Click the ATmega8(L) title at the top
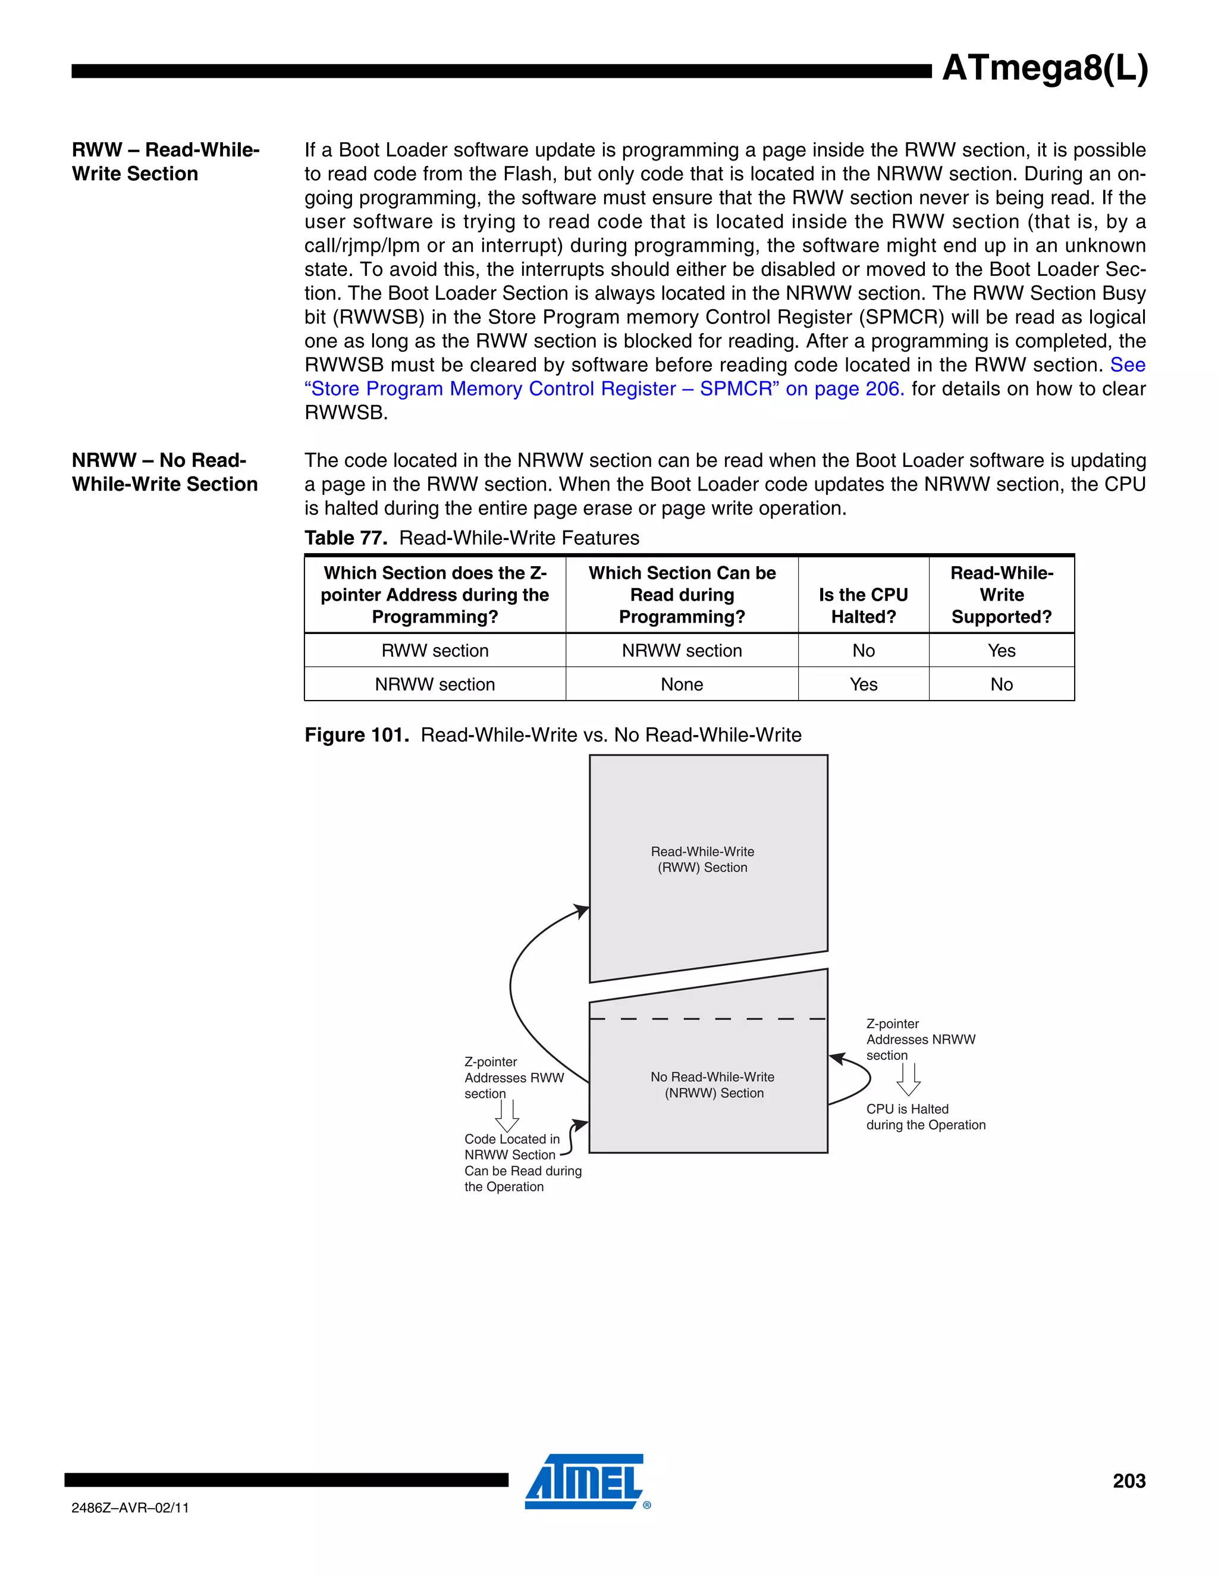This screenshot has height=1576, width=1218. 1044,69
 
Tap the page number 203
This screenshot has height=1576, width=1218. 1129,1481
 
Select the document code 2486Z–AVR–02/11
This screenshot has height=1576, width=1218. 130,1508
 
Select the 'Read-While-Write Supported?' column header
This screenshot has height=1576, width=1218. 1001,595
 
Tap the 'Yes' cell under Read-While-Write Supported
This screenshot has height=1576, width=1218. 1001,650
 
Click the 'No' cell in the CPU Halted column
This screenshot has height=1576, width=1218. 863,650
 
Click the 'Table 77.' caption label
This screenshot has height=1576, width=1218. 346,538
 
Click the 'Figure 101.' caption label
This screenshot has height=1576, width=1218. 356,734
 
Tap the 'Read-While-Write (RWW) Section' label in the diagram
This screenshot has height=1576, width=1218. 702,859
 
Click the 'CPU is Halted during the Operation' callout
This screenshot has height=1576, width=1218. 925,1116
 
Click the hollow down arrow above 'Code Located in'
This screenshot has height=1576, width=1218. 507,1116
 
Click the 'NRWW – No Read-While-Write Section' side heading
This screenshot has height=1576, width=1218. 165,472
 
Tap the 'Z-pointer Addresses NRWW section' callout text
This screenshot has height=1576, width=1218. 920,1039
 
